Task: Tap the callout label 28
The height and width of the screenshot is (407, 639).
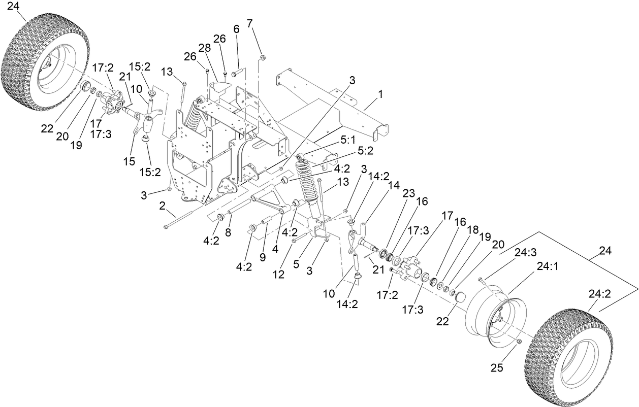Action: click(204, 48)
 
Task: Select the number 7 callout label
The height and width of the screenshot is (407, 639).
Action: click(249, 23)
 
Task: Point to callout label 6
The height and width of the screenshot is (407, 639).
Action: click(236, 29)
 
